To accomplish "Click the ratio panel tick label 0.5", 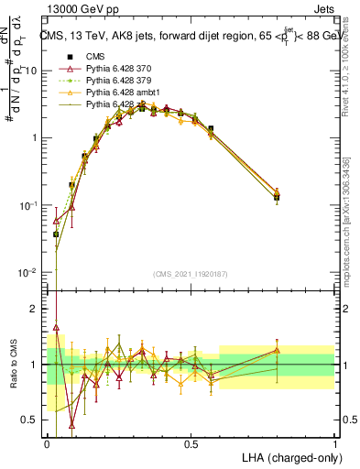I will tap(33, 420).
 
